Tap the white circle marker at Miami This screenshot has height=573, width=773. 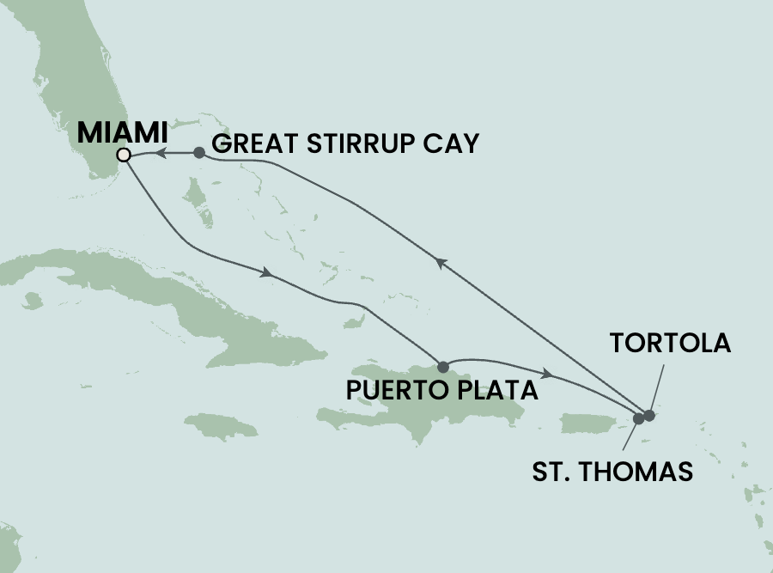point(124,155)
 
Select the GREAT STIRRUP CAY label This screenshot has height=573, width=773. point(344,143)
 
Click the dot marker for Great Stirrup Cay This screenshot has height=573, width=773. point(199,153)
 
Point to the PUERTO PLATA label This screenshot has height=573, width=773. point(441,391)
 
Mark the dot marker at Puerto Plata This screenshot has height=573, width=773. point(443,366)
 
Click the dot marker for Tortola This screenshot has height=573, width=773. point(649,416)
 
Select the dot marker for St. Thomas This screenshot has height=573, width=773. point(638,419)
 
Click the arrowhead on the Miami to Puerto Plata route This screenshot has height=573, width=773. point(268,273)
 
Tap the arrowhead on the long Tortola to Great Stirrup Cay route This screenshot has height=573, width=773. point(441,265)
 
